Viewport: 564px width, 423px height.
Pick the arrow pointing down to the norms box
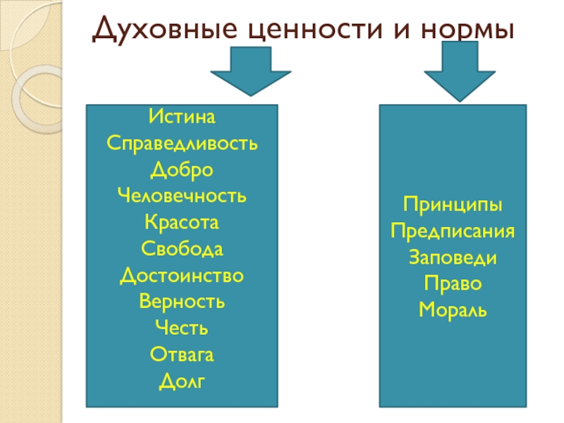coord(456,69)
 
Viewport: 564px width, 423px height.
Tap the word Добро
coord(182,168)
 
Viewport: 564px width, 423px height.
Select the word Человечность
coord(182,195)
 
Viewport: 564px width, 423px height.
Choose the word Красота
coord(182,222)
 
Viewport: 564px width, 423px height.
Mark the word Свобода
coord(182,249)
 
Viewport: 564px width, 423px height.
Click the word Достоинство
coord(182,275)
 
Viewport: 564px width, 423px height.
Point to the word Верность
coord(182,302)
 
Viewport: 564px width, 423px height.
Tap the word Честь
coord(182,329)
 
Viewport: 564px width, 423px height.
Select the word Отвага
coord(182,355)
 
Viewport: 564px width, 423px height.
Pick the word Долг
coord(182,381)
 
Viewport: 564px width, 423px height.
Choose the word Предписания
coord(453,231)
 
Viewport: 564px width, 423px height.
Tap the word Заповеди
coord(453,257)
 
